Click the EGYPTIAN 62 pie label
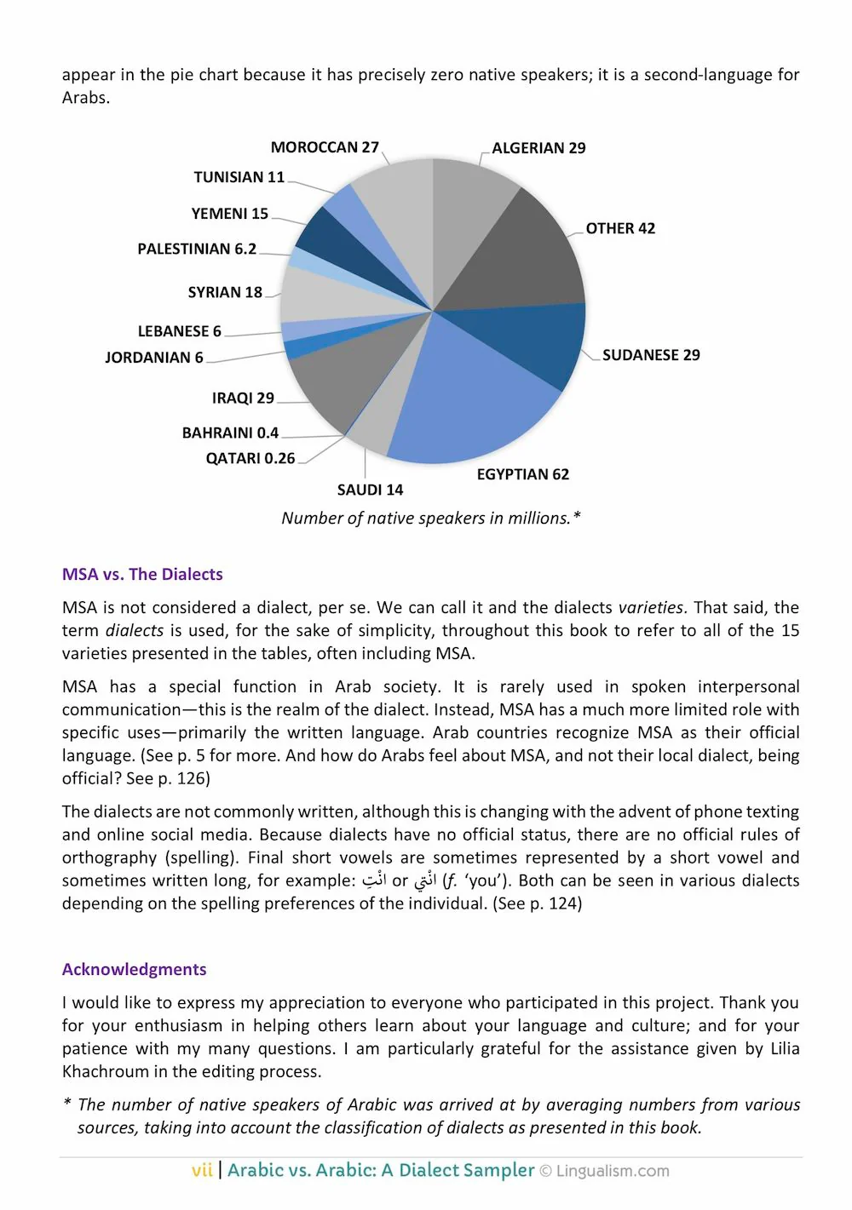(x=522, y=474)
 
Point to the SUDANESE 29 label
(x=651, y=355)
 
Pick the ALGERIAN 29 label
(x=538, y=148)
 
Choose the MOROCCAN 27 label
(x=325, y=147)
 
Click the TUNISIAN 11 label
(x=239, y=177)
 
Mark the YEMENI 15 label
(x=229, y=214)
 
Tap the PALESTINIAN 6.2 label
(x=197, y=249)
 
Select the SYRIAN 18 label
(x=225, y=292)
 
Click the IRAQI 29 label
(x=243, y=398)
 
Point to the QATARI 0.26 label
(x=250, y=458)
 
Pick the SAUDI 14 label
(x=370, y=490)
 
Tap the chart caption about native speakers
(x=431, y=518)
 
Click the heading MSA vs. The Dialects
(x=142, y=574)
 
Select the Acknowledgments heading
(x=134, y=969)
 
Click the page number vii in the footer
(x=202, y=1170)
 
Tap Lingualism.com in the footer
(x=613, y=1171)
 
